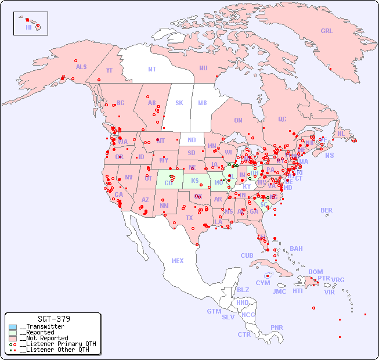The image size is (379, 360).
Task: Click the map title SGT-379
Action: (x=54, y=319)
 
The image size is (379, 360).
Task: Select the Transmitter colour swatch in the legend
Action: (x=13, y=327)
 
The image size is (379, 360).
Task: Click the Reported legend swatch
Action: (x=13, y=333)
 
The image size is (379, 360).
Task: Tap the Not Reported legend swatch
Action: (x=13, y=338)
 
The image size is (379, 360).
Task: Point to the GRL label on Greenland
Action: (x=327, y=31)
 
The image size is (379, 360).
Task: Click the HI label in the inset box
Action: (x=28, y=27)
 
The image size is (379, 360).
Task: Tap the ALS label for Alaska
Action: (x=81, y=67)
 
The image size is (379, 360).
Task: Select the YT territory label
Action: (x=109, y=70)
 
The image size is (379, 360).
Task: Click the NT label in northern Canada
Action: (x=152, y=69)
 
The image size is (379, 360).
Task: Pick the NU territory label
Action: (x=203, y=68)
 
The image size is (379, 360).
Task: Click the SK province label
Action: (x=179, y=103)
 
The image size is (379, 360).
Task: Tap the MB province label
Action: (x=203, y=103)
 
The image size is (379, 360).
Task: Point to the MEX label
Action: (x=178, y=261)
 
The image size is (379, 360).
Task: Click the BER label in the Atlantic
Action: (x=327, y=210)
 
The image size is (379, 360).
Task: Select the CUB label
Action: (x=247, y=255)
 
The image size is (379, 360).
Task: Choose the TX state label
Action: (x=189, y=218)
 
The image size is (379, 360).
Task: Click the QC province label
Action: (x=282, y=119)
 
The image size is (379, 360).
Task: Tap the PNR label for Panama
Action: (x=277, y=327)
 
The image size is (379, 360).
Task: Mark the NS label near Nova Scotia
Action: (x=329, y=155)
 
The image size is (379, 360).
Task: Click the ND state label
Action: (x=192, y=140)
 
